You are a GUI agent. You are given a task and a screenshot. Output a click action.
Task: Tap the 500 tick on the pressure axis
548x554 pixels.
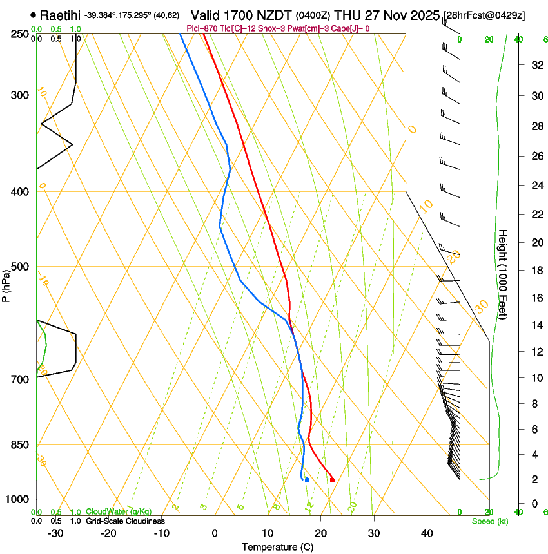point(19,267)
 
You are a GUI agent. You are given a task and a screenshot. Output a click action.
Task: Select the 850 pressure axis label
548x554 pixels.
point(19,444)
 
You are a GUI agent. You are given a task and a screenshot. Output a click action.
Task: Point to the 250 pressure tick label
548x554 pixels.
point(19,34)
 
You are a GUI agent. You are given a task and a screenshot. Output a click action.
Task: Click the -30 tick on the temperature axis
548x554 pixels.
point(55,533)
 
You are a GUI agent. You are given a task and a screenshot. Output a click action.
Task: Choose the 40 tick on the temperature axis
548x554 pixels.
point(426,533)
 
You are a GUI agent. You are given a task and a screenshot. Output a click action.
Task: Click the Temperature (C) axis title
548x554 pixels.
point(277,547)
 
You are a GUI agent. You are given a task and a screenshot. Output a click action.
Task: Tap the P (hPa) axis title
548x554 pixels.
point(6,283)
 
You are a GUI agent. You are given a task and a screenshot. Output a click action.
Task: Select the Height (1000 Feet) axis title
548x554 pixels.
point(503,274)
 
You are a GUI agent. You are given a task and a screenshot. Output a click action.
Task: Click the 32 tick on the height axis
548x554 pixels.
point(536,65)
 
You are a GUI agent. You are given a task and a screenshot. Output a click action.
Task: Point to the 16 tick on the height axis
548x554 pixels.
point(536,298)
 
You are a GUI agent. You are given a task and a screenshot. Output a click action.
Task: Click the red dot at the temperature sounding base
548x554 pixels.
point(332,480)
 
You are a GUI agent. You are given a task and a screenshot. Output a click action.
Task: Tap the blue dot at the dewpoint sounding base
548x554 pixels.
point(308,480)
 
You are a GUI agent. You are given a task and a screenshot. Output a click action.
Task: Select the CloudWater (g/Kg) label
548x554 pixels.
point(119,512)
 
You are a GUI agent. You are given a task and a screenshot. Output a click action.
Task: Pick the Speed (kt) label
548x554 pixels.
point(490,521)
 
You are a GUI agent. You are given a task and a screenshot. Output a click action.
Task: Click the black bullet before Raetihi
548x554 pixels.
point(33,14)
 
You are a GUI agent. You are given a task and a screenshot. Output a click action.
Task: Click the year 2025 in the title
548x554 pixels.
point(424,14)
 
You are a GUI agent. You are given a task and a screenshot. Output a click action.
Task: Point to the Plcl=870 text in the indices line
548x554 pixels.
point(202,28)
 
